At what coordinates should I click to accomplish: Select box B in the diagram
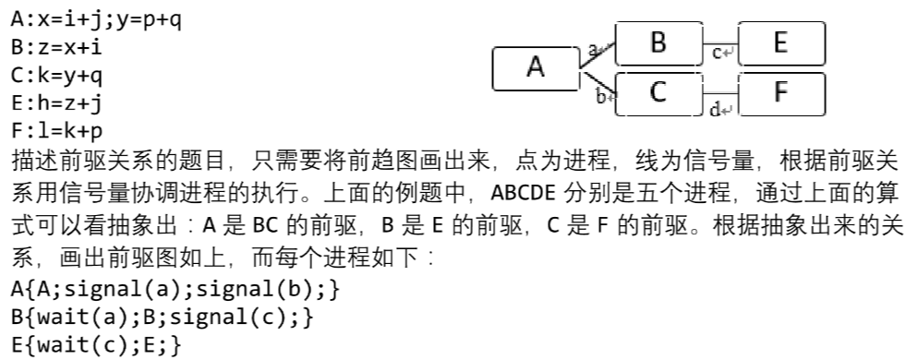click(658, 43)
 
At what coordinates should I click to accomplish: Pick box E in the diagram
click(781, 43)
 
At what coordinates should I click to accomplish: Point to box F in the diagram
click(781, 92)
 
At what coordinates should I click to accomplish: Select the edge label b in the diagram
click(600, 95)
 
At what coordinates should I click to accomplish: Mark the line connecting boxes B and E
click(721, 43)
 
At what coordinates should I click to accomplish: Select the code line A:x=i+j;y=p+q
click(97, 18)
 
